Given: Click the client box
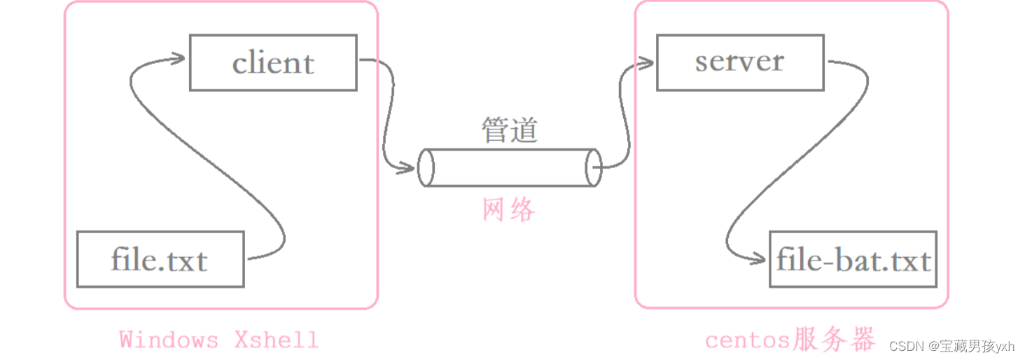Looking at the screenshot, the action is (273, 63).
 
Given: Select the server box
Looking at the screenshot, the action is (739, 63).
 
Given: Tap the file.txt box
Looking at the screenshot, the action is (160, 260).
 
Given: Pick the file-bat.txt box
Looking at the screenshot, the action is (853, 260).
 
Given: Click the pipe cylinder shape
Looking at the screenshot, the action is (510, 167).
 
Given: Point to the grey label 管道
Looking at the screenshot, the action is (509, 130).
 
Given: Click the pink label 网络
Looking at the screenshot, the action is (509, 209).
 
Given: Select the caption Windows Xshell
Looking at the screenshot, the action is (218, 340).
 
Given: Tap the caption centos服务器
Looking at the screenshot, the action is (790, 340).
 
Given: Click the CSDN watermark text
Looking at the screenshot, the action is (951, 346).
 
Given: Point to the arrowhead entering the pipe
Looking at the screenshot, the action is (409, 168).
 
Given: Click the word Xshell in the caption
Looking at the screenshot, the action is (277, 340).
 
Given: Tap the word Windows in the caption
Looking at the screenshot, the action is (169, 340).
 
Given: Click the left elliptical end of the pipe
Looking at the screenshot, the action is (426, 167).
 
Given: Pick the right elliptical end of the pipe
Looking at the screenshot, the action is (594, 167).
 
